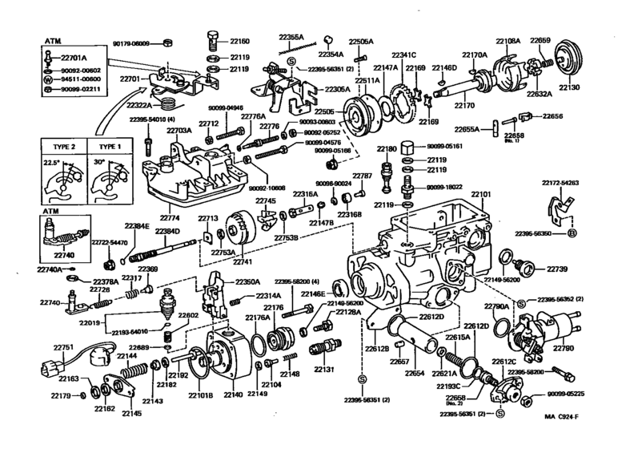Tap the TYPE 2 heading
(62, 148)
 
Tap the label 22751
(63, 347)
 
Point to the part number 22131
(324, 370)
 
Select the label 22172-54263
(560, 183)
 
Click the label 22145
(132, 413)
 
